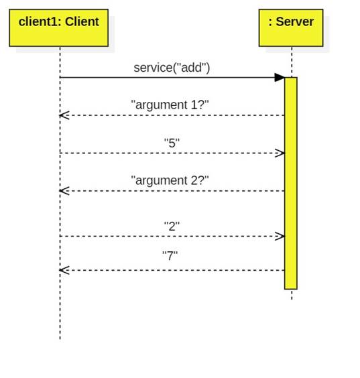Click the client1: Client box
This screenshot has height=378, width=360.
pyautogui.click(x=58, y=27)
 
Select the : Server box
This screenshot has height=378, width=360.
pyautogui.click(x=291, y=27)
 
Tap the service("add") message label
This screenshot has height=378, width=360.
pyautogui.click(x=172, y=67)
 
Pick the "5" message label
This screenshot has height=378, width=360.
pyautogui.click(x=172, y=143)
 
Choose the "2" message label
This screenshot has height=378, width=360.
pyautogui.click(x=172, y=226)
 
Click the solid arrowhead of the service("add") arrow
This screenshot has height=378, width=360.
pyautogui.click(x=280, y=78)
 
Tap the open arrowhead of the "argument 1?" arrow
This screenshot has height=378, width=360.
pyautogui.click(x=64, y=115)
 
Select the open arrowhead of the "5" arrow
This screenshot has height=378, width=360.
pyautogui.click(x=280, y=153)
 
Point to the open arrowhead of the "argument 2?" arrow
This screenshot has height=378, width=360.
pyautogui.click(x=64, y=191)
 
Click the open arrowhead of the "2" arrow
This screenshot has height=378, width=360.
pyautogui.click(x=280, y=236)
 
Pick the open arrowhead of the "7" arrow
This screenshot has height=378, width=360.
pyautogui.click(x=64, y=270)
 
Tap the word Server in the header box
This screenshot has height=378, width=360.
pyautogui.click(x=295, y=21)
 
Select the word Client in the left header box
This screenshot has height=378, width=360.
pyautogui.click(x=82, y=21)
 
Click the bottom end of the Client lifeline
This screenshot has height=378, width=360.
pyautogui.click(x=60, y=338)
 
